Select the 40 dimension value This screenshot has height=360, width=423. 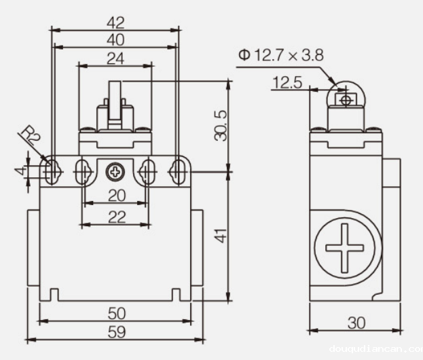115,39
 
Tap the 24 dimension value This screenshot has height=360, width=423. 115,58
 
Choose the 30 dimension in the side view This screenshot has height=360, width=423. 356,321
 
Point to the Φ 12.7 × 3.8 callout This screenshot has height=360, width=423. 280,55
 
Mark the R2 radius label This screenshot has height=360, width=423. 31,136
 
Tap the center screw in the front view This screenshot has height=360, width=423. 115,172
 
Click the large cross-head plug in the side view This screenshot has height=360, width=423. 346,249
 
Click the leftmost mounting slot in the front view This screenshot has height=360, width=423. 51,171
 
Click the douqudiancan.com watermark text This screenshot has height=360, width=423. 375,348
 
